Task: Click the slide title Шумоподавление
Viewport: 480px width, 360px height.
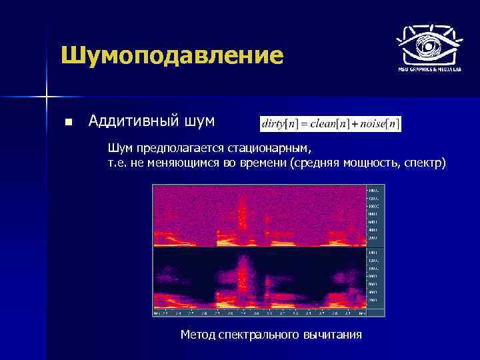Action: point(171,55)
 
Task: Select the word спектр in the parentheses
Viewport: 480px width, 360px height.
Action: point(424,163)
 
